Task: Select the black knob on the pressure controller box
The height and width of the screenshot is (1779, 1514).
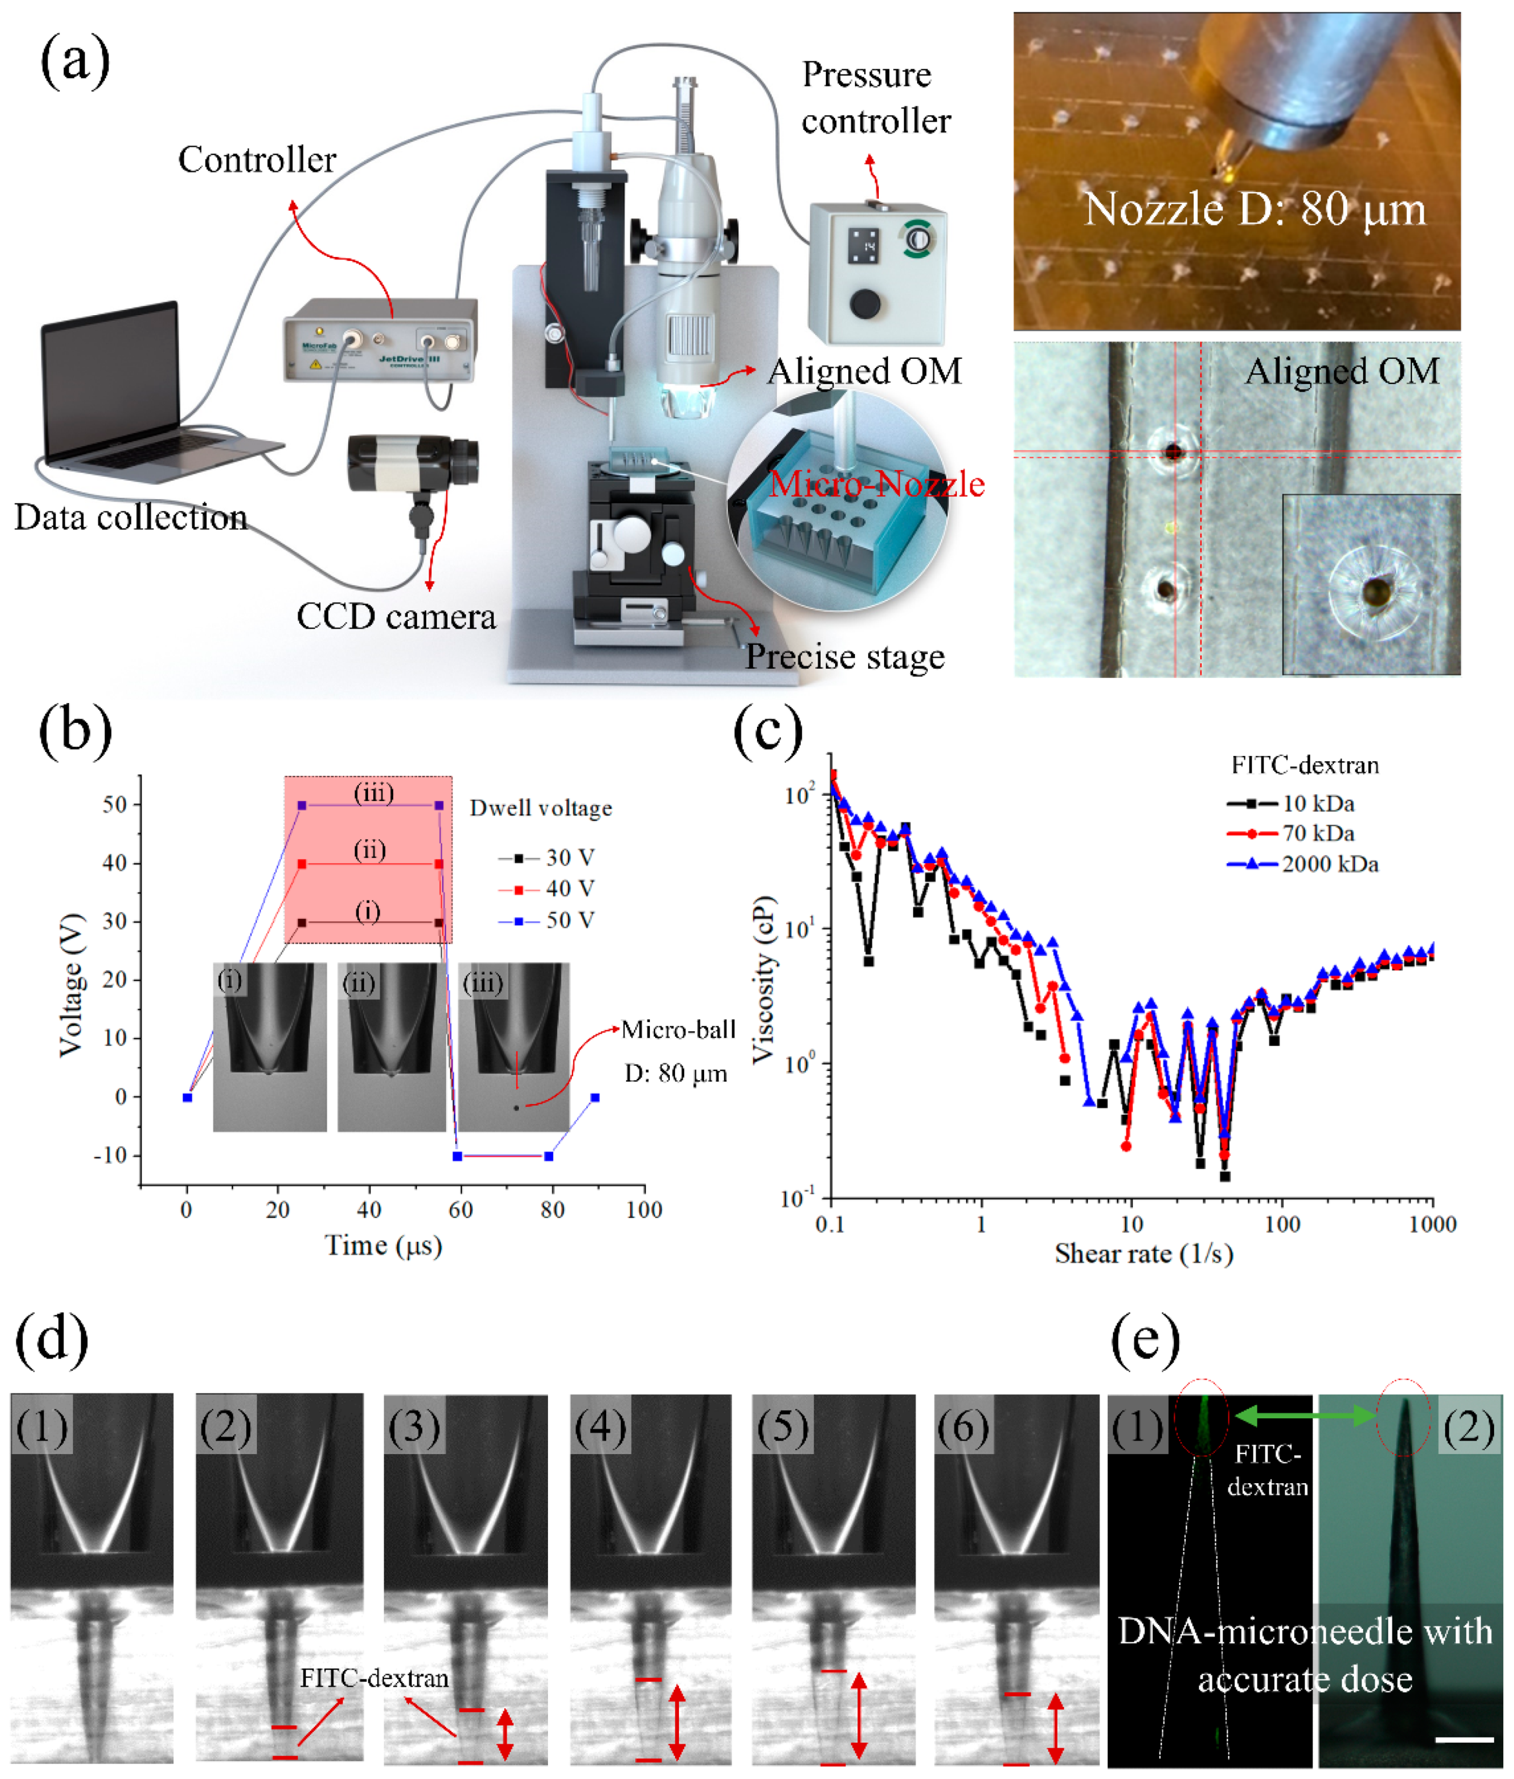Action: (x=864, y=303)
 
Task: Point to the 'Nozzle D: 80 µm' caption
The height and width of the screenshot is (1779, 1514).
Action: (x=1254, y=209)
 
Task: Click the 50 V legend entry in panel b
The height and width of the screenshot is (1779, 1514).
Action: (x=550, y=921)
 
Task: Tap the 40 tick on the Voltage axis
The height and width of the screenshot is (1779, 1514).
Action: (x=114, y=863)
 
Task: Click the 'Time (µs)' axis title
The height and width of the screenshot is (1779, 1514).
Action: (x=383, y=1245)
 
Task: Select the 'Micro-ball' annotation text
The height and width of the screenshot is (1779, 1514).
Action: (x=678, y=1030)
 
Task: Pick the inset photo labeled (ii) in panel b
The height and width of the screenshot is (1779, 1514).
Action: (x=391, y=1047)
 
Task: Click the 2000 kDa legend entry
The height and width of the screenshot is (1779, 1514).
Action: (x=1304, y=864)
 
